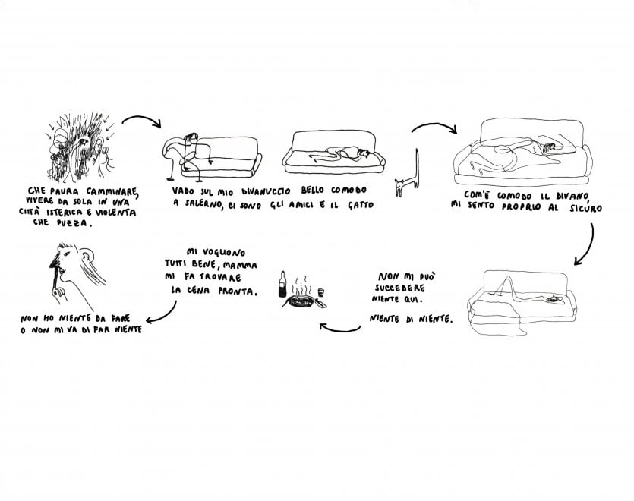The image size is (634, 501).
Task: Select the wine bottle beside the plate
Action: point(282,285)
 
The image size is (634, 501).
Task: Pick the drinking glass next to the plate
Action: point(321,293)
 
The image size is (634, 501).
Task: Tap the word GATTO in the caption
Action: point(361,205)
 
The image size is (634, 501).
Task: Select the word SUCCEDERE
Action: point(400,288)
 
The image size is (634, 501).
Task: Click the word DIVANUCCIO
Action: point(266,191)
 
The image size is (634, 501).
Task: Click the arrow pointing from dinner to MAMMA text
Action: point(339,329)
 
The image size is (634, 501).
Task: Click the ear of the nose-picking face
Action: point(87,256)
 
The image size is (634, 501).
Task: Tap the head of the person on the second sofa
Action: point(364,153)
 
